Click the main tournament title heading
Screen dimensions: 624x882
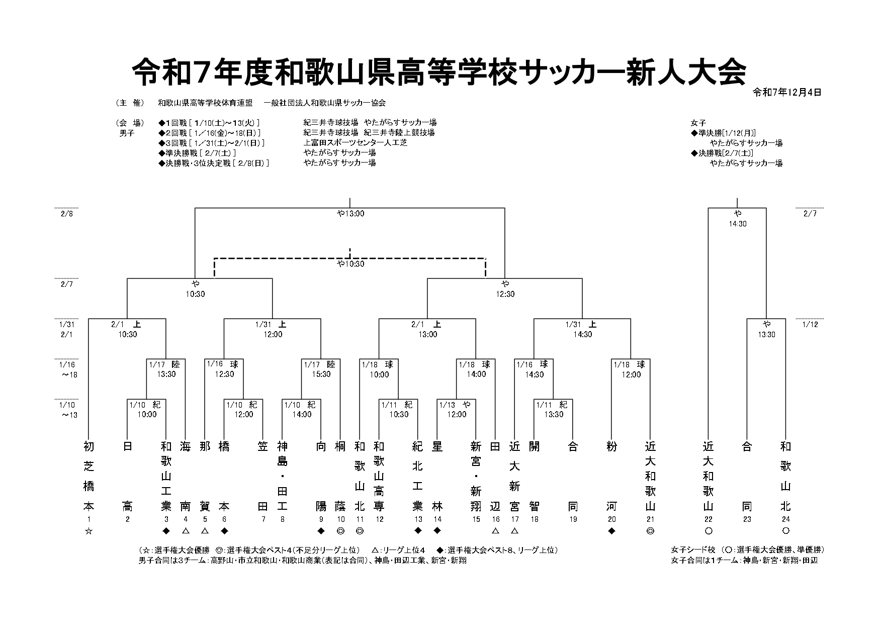(438, 73)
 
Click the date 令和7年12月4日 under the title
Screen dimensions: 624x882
(787, 93)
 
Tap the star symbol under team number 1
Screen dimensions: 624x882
(89, 531)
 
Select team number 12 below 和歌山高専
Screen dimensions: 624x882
(379, 520)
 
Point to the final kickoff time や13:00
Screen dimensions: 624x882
(350, 213)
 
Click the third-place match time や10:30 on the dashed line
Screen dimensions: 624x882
(350, 264)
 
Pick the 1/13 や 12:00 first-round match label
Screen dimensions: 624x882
(457, 410)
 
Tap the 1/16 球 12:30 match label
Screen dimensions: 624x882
(224, 369)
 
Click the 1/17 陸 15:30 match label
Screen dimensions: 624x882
(321, 369)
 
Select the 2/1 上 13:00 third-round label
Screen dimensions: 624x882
(427, 330)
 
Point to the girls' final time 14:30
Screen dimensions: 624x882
(737, 223)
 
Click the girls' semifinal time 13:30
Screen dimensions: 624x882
(766, 335)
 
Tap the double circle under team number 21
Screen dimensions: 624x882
(650, 531)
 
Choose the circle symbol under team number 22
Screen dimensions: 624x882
(708, 531)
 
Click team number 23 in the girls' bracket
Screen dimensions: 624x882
(747, 520)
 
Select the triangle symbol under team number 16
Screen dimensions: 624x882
(495, 531)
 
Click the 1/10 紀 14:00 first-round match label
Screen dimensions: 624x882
(301, 410)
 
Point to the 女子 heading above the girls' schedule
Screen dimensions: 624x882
(699, 123)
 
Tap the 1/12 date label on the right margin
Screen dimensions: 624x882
(811, 325)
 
